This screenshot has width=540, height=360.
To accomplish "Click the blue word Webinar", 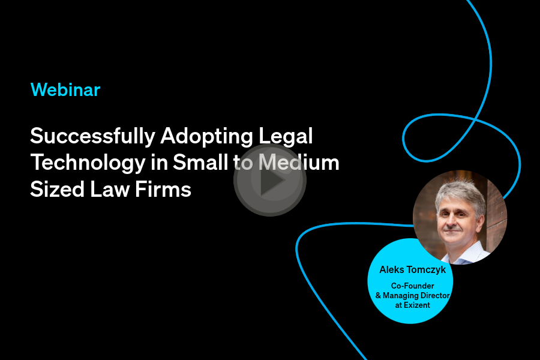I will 65,90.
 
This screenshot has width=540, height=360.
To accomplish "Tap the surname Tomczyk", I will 427,270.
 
